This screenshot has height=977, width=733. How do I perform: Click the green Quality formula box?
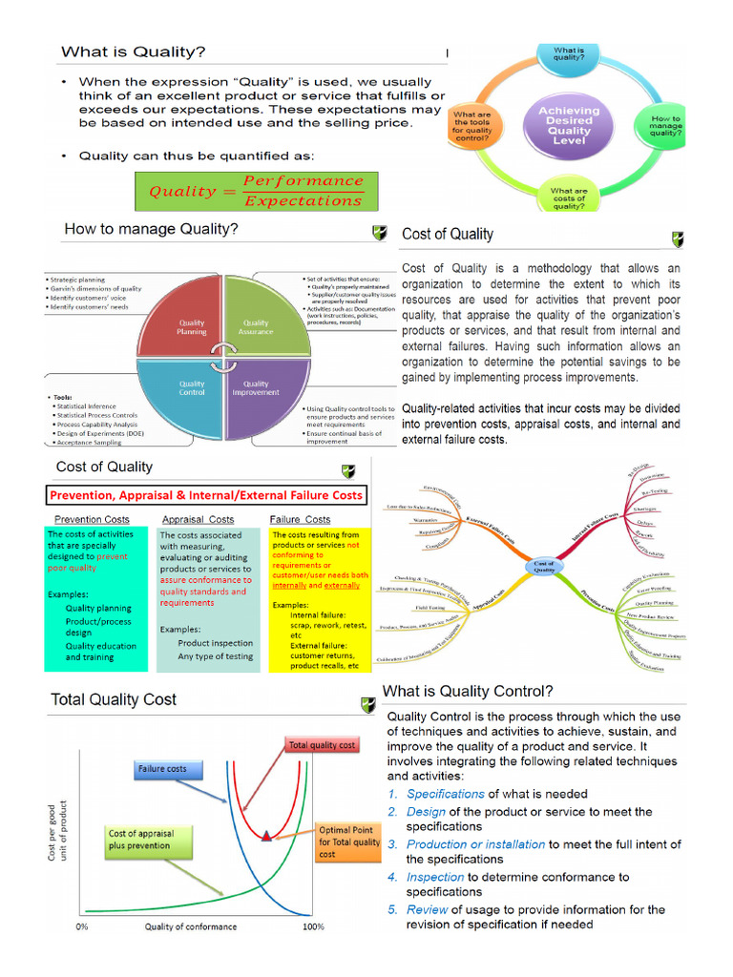tap(256, 191)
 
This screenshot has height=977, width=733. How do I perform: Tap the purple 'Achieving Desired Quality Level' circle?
tap(569, 125)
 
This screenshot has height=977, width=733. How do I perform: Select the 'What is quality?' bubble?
tap(570, 54)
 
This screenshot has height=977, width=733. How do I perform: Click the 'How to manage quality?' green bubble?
tap(665, 126)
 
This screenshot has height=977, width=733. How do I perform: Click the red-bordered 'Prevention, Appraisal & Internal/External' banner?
tap(207, 495)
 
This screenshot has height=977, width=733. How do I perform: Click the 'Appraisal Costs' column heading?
tap(199, 520)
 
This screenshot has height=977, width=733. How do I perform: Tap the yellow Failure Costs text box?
tap(319, 600)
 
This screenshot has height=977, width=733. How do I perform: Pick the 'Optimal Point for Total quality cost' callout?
tap(350, 842)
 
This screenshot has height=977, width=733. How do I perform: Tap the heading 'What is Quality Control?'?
tap(468, 691)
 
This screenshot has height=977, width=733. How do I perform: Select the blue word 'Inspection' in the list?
tap(435, 876)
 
